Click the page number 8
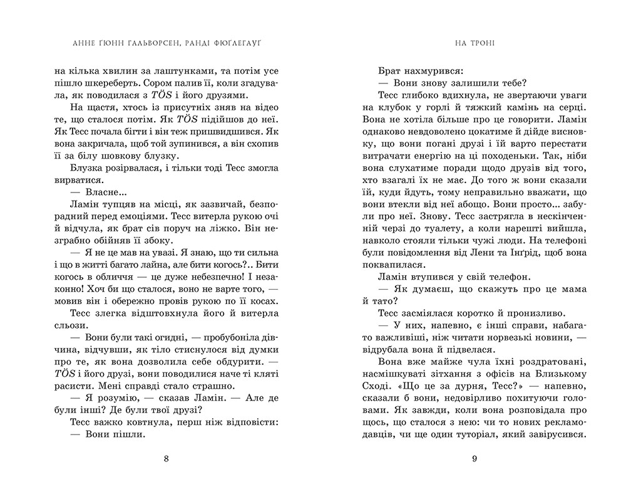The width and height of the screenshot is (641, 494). [166, 458]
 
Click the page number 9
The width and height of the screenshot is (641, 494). [474, 458]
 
